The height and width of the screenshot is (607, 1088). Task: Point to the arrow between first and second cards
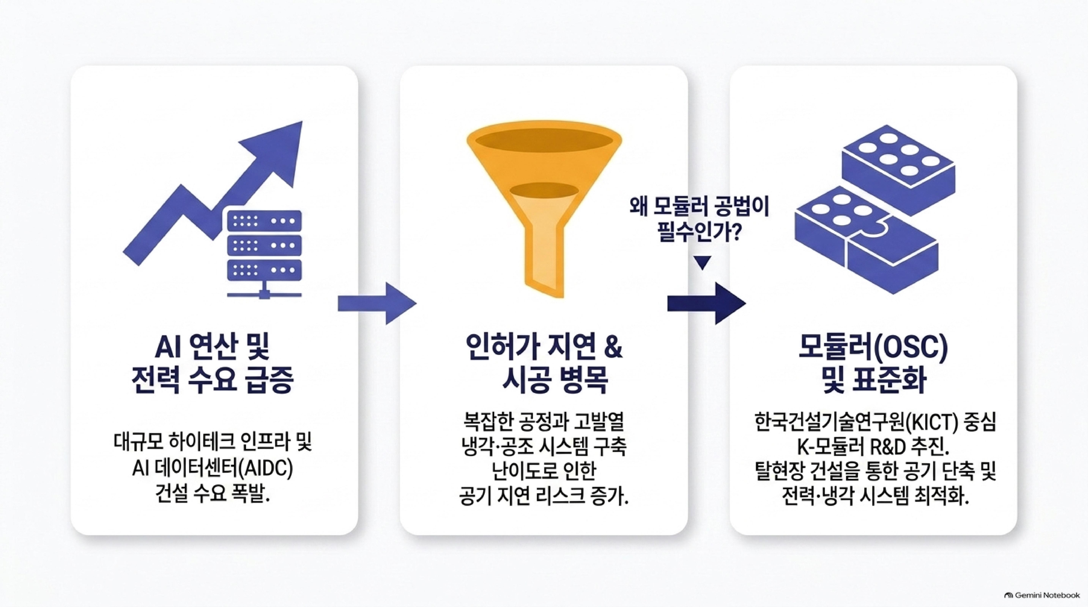pyautogui.click(x=377, y=303)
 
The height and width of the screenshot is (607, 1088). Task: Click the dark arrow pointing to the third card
pyautogui.click(x=707, y=303)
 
